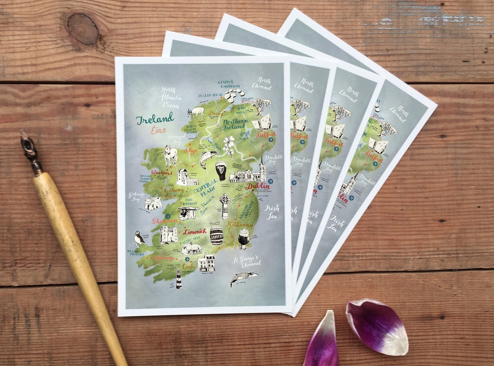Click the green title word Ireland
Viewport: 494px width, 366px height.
click(155, 118)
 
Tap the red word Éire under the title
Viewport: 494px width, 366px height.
click(158, 130)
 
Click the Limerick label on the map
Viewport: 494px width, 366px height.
click(194, 231)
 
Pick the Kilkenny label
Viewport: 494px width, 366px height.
click(240, 224)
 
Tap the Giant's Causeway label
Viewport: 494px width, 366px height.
click(229, 84)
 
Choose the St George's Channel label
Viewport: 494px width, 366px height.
click(247, 261)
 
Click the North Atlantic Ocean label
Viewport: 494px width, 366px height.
click(170, 97)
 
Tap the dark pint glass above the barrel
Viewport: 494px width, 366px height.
click(221, 171)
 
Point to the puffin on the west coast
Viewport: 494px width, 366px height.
click(139, 238)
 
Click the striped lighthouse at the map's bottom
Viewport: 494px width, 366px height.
click(179, 279)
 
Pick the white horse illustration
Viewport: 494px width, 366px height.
click(170, 155)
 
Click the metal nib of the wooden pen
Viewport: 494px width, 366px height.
click(29, 149)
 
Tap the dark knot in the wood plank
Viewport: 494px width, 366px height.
click(83, 28)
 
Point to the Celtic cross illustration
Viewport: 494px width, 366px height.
click(224, 206)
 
